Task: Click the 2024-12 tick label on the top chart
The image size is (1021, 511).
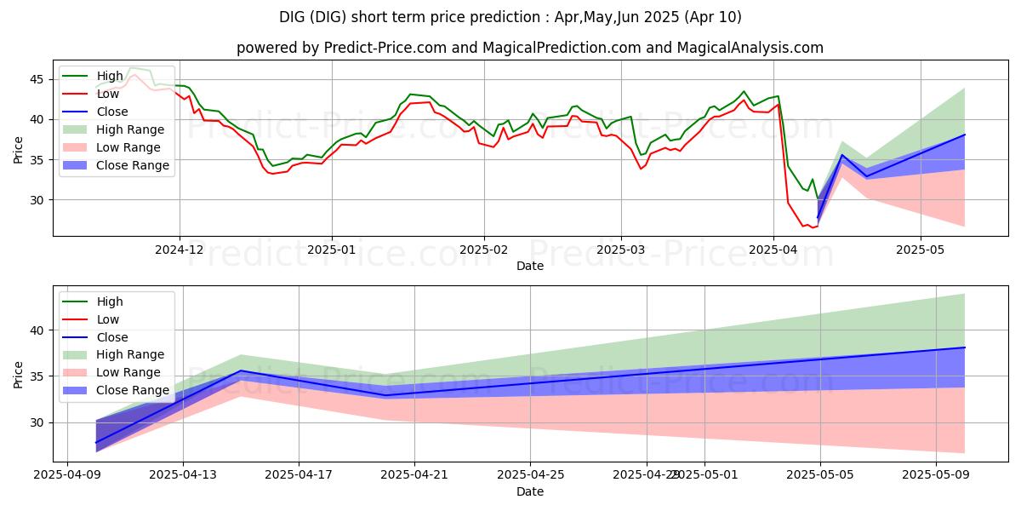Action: point(179,250)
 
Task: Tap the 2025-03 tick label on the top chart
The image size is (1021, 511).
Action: point(620,250)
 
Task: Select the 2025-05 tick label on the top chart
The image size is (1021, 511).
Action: point(921,250)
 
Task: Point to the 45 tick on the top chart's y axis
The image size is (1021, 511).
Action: point(38,79)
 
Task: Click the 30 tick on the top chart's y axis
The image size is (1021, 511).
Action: point(38,200)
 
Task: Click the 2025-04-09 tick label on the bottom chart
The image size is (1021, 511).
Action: point(67,473)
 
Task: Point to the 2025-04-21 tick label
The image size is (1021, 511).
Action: point(414,473)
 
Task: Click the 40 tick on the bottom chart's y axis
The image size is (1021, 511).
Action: point(38,330)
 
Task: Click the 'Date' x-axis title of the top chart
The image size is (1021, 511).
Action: point(529,267)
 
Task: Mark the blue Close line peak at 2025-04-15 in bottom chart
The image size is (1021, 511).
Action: point(241,370)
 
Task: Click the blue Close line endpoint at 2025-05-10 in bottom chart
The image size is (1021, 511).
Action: point(964,347)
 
